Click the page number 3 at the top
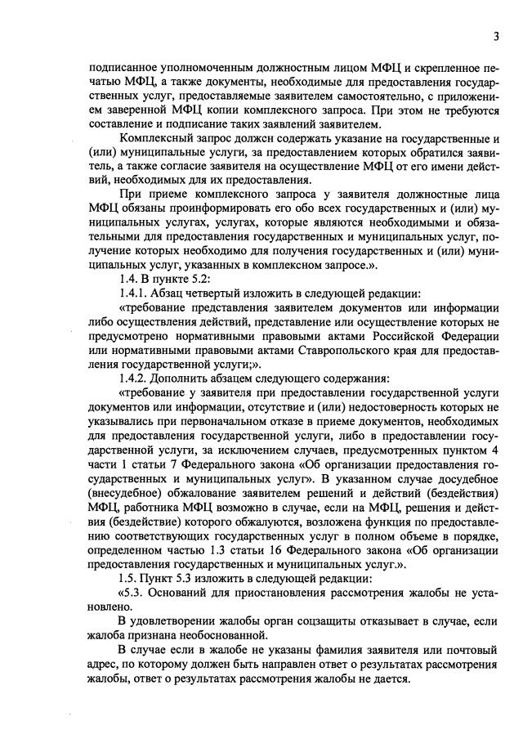495,36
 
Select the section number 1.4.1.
134,292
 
